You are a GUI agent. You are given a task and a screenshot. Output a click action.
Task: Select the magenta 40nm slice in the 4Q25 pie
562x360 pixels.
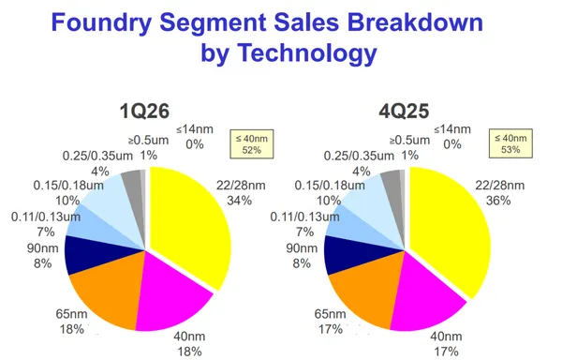click(x=426, y=300)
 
